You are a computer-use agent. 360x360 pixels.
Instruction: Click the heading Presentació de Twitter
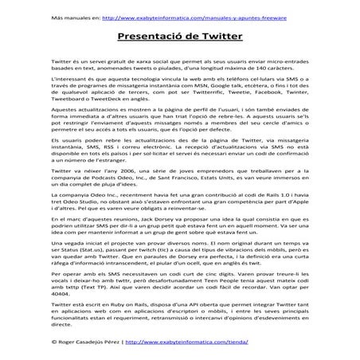(x=179, y=37)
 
